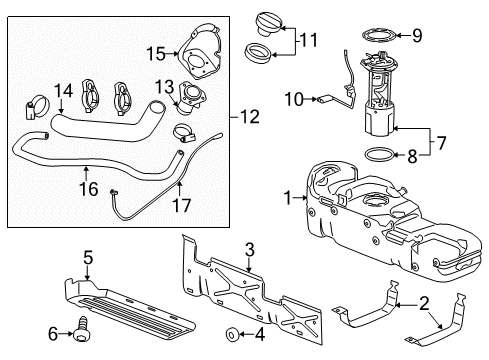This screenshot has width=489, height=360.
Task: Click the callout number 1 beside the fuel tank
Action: (x=287, y=199)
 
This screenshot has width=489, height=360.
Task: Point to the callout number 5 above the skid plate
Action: (x=87, y=259)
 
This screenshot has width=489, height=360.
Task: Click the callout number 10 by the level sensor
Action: (x=292, y=98)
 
